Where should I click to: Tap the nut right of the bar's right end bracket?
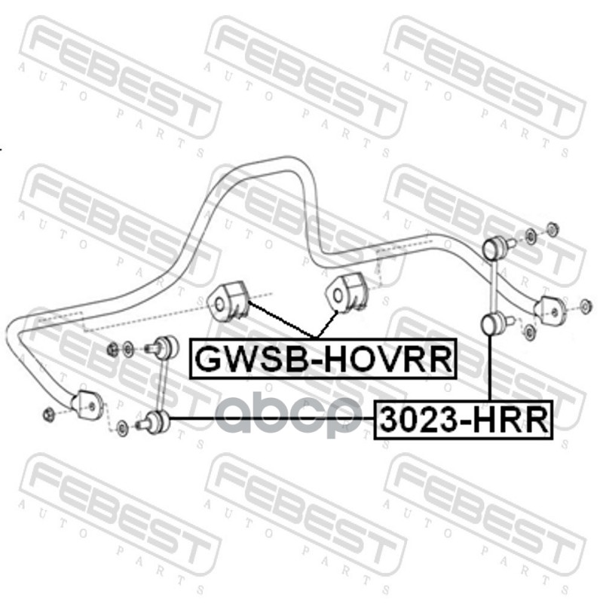(x=586, y=306)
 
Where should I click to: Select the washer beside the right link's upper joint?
(x=531, y=237)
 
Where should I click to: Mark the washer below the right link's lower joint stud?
(x=529, y=332)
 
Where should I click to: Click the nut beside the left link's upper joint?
(x=113, y=348)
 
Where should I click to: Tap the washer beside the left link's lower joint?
(x=123, y=428)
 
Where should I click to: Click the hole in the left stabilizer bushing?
(x=219, y=305)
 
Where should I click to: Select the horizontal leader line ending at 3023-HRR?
(x=271, y=419)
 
